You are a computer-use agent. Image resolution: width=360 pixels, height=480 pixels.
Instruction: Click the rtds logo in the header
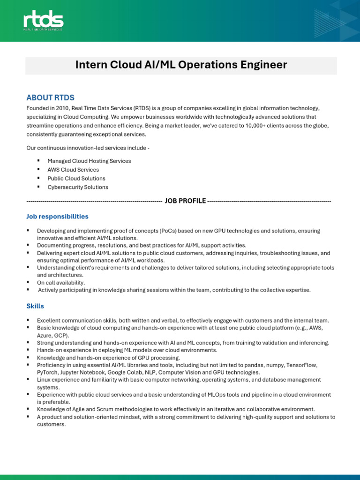(x=43, y=21)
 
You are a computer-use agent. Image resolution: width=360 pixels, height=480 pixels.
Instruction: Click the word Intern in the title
(x=90, y=65)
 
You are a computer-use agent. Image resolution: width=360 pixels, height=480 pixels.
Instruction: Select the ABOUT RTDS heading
(x=50, y=98)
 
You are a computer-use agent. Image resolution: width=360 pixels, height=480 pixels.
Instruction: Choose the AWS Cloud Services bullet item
(x=73, y=170)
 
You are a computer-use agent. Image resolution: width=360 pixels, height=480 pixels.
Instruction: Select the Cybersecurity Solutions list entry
(x=78, y=187)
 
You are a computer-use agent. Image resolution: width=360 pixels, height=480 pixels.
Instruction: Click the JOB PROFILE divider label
(x=185, y=201)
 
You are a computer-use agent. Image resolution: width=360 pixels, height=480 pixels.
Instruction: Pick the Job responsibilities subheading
(x=57, y=217)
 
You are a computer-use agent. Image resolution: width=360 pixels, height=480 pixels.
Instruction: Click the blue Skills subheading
(x=35, y=306)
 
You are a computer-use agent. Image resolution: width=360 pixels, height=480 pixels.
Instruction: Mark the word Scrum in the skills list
(x=105, y=409)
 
